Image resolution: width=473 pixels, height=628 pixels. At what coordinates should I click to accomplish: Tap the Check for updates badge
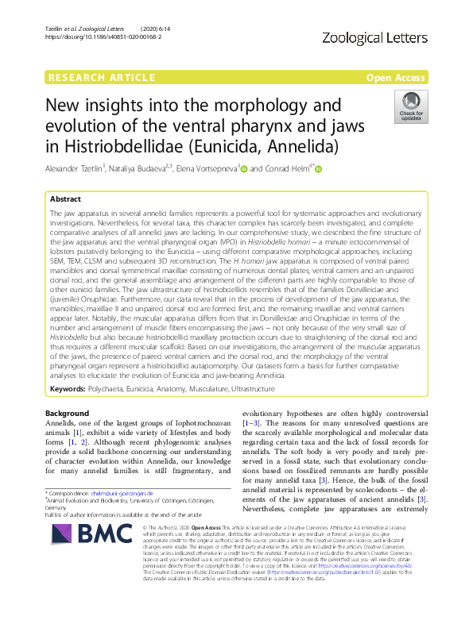click(411, 106)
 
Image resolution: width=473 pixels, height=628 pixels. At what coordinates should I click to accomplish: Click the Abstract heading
click(66, 198)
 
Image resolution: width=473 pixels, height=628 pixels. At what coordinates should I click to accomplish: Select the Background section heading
click(68, 414)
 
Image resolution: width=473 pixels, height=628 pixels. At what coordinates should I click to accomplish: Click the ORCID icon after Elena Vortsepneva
click(244, 168)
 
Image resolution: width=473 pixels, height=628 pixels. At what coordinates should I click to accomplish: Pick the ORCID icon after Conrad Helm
click(319, 168)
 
